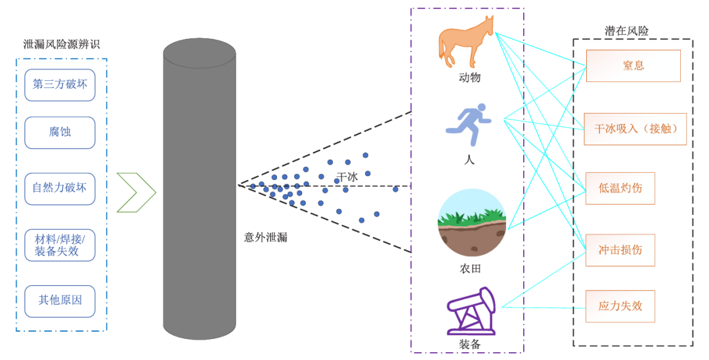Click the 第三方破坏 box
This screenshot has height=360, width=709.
(60, 85)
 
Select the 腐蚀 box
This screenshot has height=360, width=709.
(60, 132)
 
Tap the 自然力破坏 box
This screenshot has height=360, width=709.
(60, 188)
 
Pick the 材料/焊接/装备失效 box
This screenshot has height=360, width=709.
(60, 244)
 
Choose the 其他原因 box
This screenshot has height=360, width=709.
(60, 301)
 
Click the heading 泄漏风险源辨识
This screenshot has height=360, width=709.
(61, 45)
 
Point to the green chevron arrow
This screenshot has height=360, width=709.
(137, 192)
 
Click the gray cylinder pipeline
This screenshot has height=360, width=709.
(200, 191)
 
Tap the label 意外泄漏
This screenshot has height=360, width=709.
(265, 237)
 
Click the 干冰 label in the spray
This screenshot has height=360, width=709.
(347, 177)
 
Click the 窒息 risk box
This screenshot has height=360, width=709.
(633, 66)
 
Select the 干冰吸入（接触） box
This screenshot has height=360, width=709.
(635, 129)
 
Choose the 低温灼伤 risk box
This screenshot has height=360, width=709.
(620, 188)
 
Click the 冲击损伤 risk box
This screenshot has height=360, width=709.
(620, 250)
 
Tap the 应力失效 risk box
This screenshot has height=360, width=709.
(620, 306)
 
